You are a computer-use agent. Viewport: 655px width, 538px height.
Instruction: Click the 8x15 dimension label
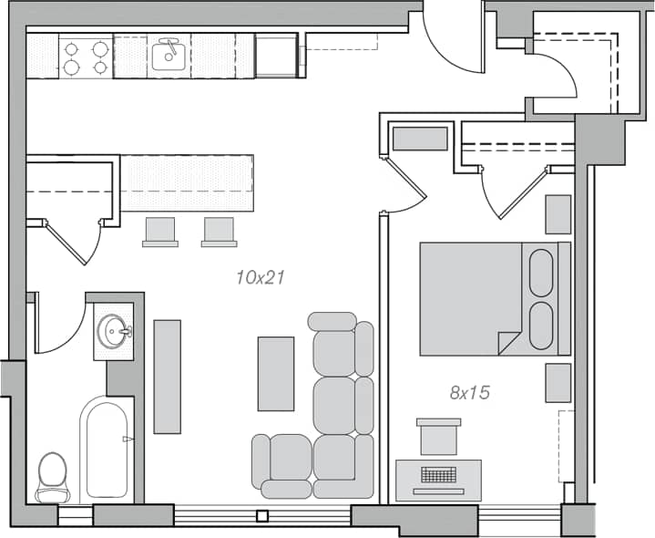click(470, 393)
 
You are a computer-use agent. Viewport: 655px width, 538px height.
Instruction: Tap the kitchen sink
click(168, 56)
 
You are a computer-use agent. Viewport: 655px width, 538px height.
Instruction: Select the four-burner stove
click(86, 57)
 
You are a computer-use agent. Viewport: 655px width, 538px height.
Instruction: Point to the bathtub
click(106, 451)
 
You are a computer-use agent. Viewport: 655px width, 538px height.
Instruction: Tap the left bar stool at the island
click(160, 231)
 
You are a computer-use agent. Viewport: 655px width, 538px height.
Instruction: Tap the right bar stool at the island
click(220, 231)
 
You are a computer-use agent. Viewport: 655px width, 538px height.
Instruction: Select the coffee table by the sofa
click(276, 374)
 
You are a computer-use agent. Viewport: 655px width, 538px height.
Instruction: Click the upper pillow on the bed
click(541, 273)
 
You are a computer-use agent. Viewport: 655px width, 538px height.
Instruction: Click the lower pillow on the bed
click(541, 326)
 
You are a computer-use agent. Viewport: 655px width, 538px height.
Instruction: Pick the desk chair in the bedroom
click(438, 437)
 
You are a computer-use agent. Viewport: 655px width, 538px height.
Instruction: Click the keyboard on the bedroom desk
click(439, 475)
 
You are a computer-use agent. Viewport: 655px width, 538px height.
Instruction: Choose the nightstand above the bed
click(558, 213)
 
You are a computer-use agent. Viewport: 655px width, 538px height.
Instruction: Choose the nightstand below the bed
click(558, 382)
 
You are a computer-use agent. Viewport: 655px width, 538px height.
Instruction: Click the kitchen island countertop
click(187, 183)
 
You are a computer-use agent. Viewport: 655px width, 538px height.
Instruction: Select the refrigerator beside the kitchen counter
click(276, 57)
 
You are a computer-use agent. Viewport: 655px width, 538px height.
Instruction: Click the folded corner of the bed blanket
click(507, 344)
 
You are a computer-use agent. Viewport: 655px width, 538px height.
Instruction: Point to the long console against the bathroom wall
click(167, 376)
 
